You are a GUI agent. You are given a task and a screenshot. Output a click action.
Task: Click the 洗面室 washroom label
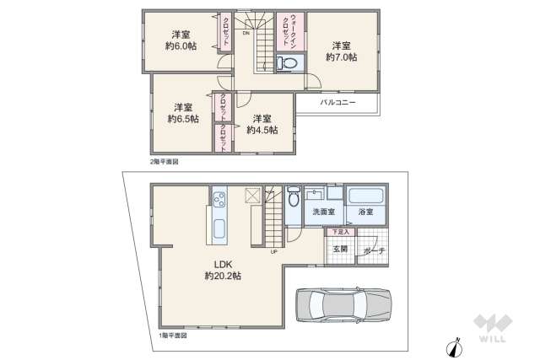(324, 212)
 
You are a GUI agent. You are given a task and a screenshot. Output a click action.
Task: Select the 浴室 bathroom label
(365, 212)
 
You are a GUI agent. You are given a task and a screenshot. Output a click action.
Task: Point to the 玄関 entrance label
(340, 249)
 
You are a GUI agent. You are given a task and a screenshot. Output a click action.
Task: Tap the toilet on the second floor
(287, 62)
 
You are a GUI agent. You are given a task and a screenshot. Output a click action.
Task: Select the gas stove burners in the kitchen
(219, 200)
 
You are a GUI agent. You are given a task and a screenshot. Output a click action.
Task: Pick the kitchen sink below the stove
(219, 228)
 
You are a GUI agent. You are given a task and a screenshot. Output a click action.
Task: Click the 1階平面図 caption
(172, 336)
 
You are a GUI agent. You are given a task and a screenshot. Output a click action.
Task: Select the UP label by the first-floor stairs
(274, 250)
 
